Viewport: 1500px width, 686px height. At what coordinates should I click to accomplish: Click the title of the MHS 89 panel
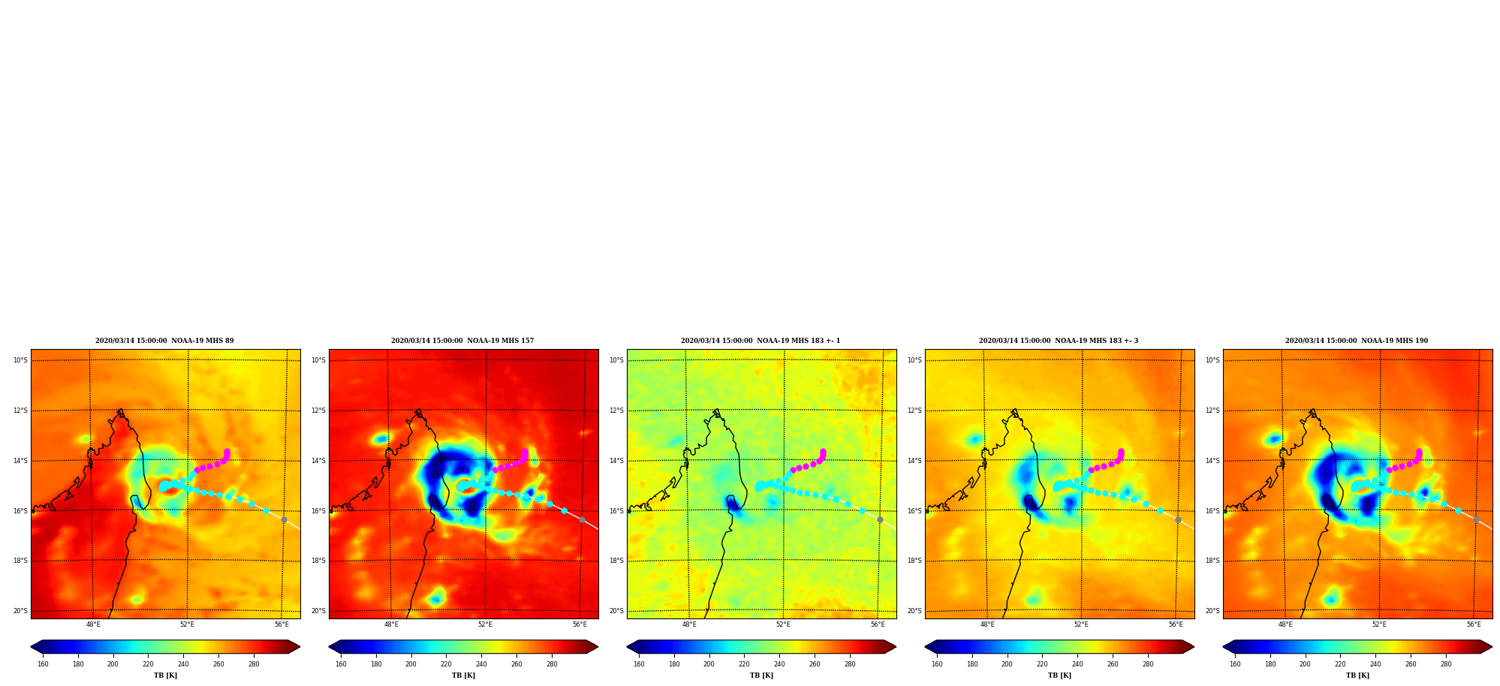(x=164, y=341)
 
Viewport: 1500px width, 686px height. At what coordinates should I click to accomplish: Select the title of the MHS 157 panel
(x=462, y=341)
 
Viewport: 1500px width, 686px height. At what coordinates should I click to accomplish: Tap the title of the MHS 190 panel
(x=1357, y=341)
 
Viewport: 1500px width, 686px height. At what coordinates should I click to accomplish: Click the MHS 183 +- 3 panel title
(x=1059, y=341)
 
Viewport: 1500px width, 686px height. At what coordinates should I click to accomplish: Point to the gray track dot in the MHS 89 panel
(x=284, y=519)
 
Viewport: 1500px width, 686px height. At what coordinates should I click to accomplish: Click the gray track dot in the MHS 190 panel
(x=1476, y=519)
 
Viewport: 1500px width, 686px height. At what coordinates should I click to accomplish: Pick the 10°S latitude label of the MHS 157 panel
(x=319, y=360)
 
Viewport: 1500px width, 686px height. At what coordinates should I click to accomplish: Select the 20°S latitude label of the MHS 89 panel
(x=20, y=611)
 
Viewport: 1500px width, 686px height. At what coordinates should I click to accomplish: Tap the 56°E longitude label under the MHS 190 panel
(x=1474, y=624)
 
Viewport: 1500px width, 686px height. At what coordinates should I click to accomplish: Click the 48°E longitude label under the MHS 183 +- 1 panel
(x=689, y=624)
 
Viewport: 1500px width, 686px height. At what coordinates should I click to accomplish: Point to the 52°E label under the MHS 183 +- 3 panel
(x=1081, y=624)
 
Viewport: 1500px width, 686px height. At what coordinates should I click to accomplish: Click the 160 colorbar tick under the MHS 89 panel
(x=43, y=663)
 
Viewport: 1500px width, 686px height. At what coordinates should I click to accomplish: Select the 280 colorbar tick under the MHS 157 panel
(x=552, y=663)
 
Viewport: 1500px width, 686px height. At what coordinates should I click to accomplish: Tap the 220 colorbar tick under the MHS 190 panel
(x=1340, y=663)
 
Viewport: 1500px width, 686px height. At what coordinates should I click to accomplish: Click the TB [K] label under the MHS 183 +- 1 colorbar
(x=761, y=675)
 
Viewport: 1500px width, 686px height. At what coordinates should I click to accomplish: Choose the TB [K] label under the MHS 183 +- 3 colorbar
(x=1059, y=675)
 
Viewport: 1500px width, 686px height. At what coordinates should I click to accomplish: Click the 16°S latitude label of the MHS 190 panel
(x=1212, y=511)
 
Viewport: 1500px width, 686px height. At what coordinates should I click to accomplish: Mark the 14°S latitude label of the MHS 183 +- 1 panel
(x=616, y=461)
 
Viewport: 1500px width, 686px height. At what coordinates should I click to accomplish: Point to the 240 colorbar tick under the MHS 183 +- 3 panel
(x=1077, y=663)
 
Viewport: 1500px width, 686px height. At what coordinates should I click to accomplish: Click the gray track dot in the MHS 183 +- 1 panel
(x=880, y=519)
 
